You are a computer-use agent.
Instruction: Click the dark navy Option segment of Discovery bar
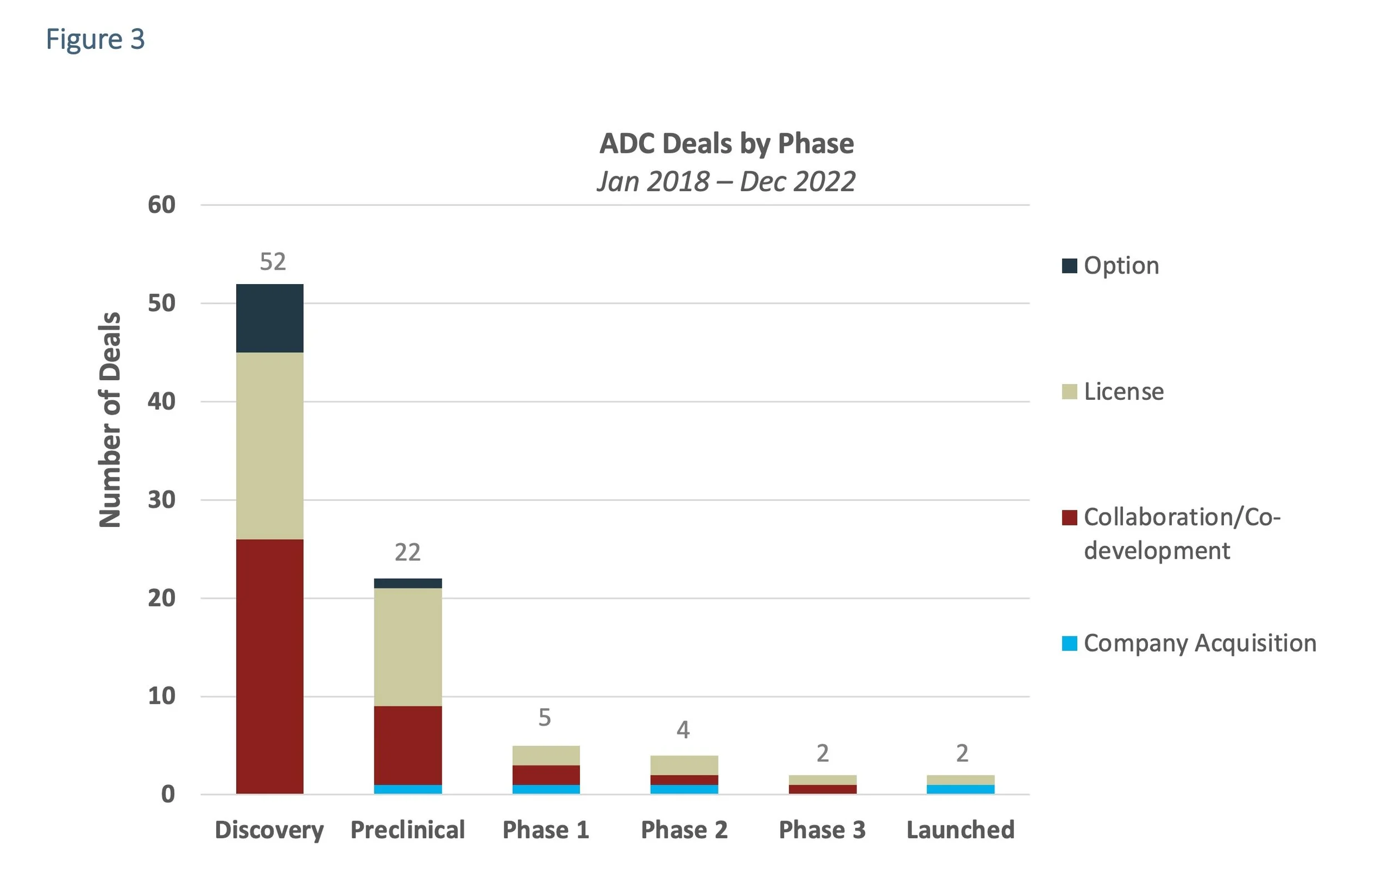point(269,318)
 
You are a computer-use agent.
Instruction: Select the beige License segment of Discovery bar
point(269,445)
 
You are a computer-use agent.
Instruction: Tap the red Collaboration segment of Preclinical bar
point(408,745)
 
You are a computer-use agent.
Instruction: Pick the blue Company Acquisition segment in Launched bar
point(961,789)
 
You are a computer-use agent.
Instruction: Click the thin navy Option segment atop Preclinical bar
point(408,583)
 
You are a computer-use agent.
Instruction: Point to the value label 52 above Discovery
point(272,262)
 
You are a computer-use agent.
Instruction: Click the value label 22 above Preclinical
point(407,552)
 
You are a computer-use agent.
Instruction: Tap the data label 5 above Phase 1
point(544,717)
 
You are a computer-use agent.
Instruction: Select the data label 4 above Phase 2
point(683,730)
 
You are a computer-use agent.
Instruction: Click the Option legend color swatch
point(1069,266)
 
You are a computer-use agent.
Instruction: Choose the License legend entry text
point(1123,392)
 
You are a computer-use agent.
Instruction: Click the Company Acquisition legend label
point(1199,643)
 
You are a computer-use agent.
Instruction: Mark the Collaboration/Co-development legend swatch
point(1069,518)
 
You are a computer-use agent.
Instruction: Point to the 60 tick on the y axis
point(162,205)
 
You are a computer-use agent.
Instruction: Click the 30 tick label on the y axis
point(162,500)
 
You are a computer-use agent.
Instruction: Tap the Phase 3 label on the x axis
point(822,830)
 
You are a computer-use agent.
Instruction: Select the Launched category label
point(961,830)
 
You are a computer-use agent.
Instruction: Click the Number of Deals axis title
point(109,420)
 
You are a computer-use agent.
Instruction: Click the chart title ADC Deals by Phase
point(726,143)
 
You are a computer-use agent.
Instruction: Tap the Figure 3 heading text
point(95,39)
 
